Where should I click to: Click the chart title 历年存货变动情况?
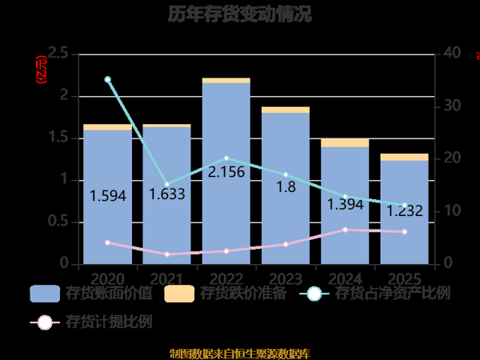click(x=240, y=14)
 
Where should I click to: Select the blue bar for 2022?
click(x=226, y=208)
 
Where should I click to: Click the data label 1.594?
click(x=108, y=195)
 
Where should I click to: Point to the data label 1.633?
click(x=167, y=194)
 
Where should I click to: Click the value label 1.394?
click(x=345, y=205)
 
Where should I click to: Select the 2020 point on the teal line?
click(x=108, y=79)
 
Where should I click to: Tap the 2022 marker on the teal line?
click(x=226, y=158)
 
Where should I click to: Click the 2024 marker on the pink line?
click(x=345, y=230)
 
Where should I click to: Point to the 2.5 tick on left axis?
click(x=58, y=54)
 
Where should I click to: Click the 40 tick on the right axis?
click(x=452, y=54)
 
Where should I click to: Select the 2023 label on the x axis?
click(x=286, y=278)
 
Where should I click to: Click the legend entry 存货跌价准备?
click(x=226, y=294)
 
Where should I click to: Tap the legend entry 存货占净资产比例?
click(x=374, y=294)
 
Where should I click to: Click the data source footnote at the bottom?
click(x=240, y=353)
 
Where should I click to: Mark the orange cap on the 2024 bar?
click(x=345, y=142)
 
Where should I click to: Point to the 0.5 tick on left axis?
click(x=58, y=222)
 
